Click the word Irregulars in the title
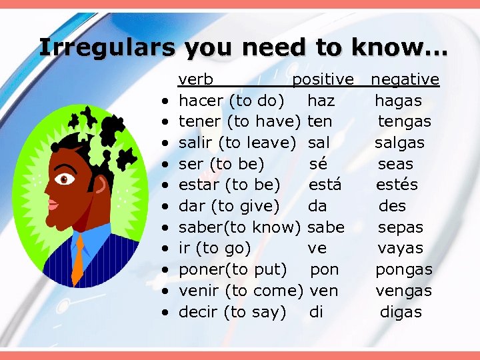(107, 47)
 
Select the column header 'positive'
(323, 80)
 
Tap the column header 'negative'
(405, 80)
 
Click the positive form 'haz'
(321, 101)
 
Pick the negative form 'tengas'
(405, 122)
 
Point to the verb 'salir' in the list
(196, 143)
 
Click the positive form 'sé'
(318, 164)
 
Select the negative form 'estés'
(397, 185)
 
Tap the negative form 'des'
(392, 206)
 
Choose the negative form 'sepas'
(401, 227)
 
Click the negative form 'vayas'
(401, 249)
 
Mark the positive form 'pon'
(325, 269)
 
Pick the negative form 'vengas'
(403, 291)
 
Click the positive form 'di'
(316, 311)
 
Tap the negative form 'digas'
(401, 312)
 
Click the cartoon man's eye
(65, 179)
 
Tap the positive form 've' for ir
(317, 249)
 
